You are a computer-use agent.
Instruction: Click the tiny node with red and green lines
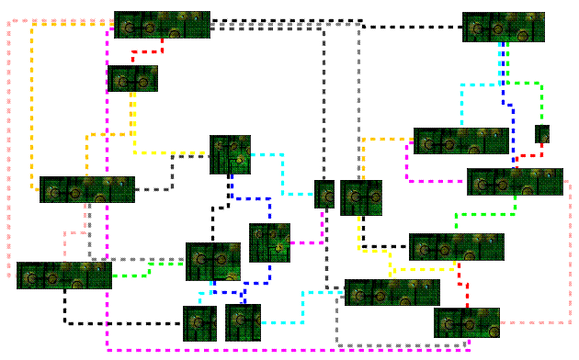(542, 134)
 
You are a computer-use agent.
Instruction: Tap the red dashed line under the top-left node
(147, 51)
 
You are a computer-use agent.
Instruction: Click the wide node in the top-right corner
(503, 27)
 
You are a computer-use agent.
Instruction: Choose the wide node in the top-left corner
(162, 25)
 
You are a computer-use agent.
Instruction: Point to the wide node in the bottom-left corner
(63, 276)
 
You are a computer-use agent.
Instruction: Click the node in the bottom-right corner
(467, 323)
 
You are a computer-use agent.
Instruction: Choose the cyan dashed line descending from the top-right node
(478, 84)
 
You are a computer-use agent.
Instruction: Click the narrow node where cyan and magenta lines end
(324, 194)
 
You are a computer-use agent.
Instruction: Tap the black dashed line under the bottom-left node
(119, 323)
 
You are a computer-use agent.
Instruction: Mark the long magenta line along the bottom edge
(276, 351)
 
